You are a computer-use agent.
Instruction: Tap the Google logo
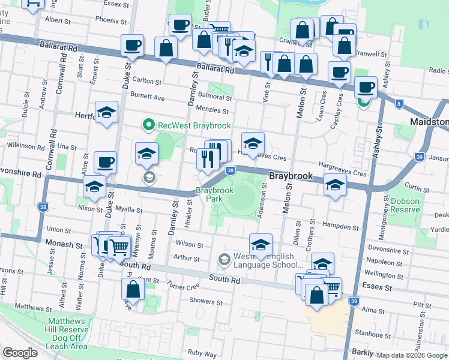pyautogui.click(x=20, y=353)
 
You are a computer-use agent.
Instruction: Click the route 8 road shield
pyautogui.click(x=399, y=104)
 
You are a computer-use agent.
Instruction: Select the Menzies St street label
pyautogui.click(x=217, y=111)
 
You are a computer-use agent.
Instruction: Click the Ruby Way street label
pyautogui.click(x=202, y=353)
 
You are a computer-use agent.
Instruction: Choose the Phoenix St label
pyautogui.click(x=111, y=20)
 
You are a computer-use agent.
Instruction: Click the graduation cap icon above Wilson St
pyautogui.click(x=260, y=244)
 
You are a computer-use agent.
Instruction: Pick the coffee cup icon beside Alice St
pyautogui.click(x=105, y=161)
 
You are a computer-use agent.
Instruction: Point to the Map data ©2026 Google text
pyautogui.click(x=412, y=355)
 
